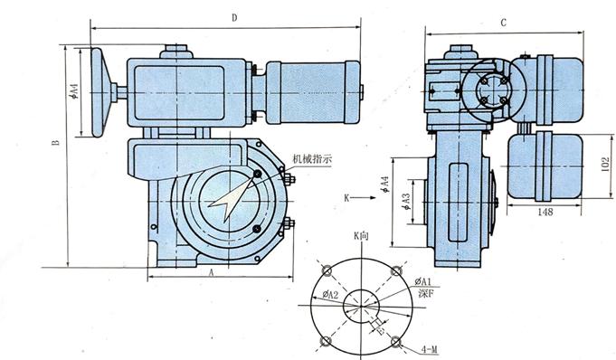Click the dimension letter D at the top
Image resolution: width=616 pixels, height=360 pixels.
[x=234, y=18]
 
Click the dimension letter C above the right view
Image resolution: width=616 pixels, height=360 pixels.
[x=504, y=23]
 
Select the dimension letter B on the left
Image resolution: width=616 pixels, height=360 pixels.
[x=56, y=142]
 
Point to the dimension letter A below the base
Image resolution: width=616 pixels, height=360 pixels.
[x=211, y=272]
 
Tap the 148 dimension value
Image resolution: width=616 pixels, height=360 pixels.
[x=545, y=212]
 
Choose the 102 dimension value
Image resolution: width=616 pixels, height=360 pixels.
[x=605, y=165]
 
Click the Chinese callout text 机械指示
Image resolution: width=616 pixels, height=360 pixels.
[x=312, y=159]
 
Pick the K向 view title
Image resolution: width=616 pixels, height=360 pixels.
[x=361, y=236]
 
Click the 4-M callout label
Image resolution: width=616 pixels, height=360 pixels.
[x=429, y=349]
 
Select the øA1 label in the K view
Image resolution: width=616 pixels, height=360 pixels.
[x=423, y=281]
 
